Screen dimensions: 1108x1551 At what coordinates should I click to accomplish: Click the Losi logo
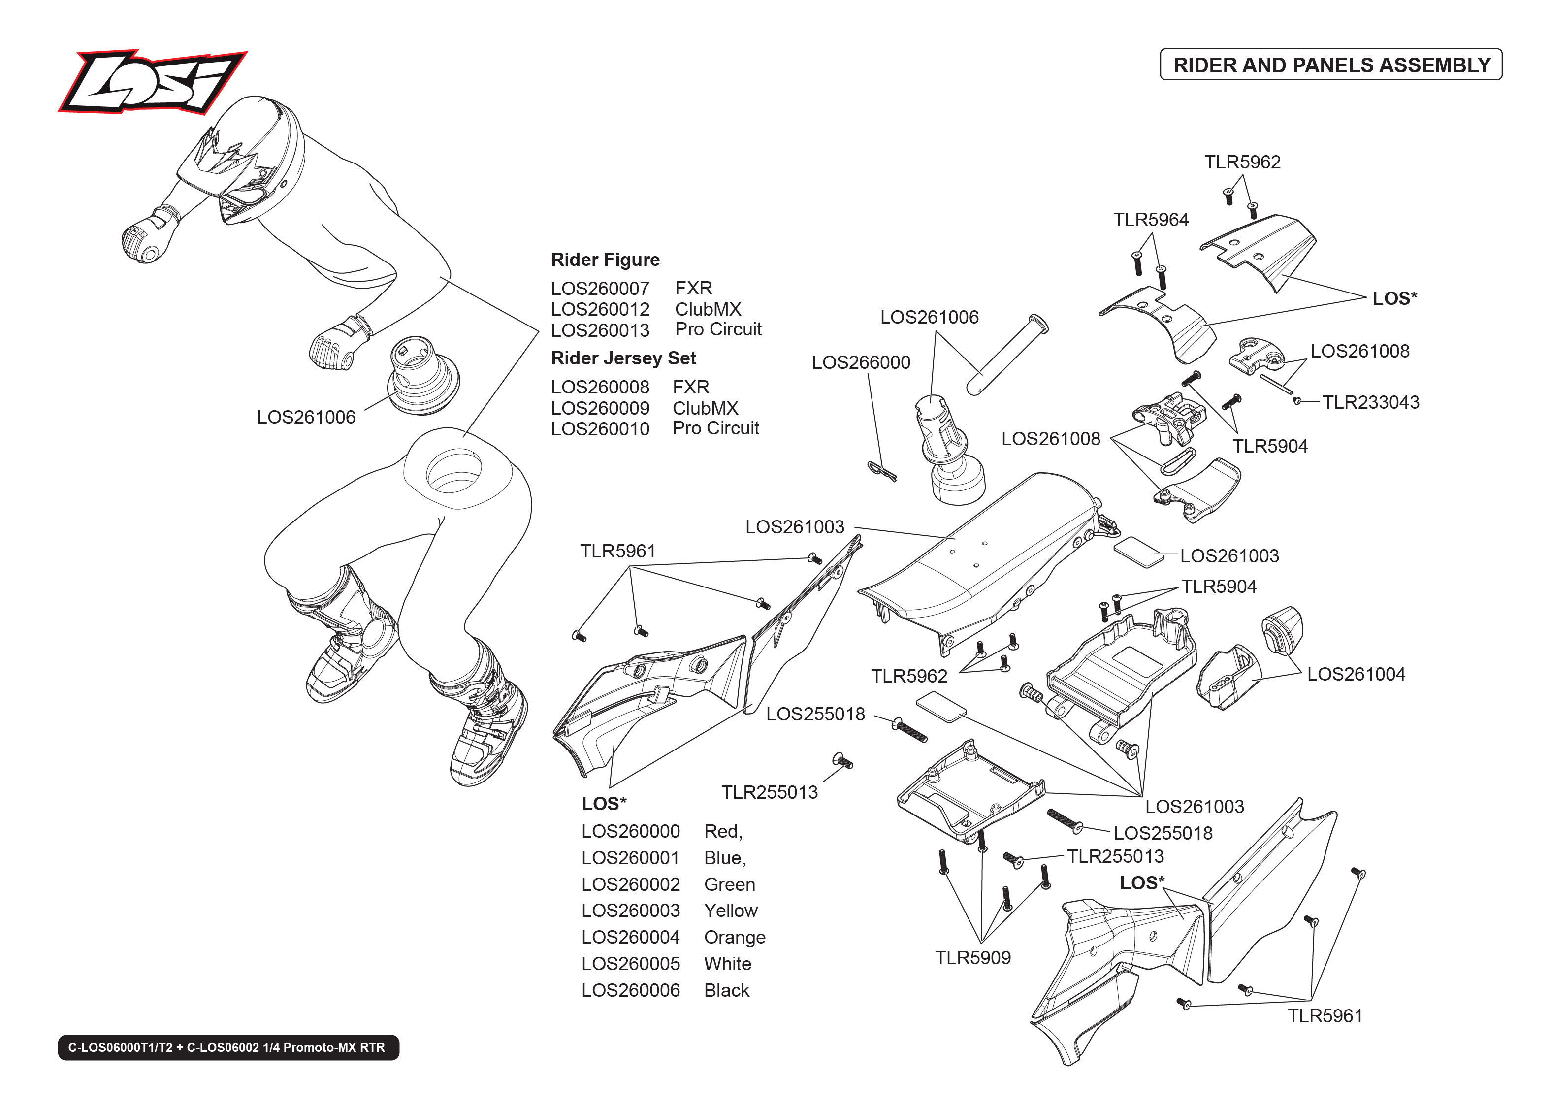coord(152,82)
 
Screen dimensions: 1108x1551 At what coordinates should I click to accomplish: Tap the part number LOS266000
coord(860,362)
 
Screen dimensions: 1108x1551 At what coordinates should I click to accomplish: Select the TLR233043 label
coord(1370,402)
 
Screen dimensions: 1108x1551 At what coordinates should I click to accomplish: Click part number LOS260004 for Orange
coord(630,938)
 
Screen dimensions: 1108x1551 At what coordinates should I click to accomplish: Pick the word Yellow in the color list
coord(731,911)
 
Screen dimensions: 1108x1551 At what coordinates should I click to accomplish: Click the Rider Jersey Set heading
coord(623,358)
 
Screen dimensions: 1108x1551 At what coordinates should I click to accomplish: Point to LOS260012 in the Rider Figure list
coord(600,309)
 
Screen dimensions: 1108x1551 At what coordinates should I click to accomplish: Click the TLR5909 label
coord(972,958)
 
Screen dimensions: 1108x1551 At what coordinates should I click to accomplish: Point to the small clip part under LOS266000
coord(882,471)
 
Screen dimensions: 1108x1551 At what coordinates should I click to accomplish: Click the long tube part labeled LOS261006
coord(1007,355)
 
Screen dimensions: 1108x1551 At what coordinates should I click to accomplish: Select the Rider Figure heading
coord(605,260)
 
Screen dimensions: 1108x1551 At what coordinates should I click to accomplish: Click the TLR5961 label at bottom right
coord(1324,1016)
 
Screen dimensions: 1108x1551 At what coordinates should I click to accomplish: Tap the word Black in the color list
coord(726,991)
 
